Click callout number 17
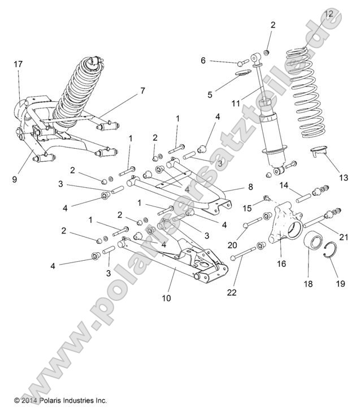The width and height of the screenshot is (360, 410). (x=18, y=64)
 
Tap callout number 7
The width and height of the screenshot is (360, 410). (x=142, y=90)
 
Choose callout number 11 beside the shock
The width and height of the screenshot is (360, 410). (x=236, y=103)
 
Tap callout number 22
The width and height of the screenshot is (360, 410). (x=232, y=292)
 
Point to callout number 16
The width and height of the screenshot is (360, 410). (x=281, y=264)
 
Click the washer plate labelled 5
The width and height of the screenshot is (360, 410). (x=242, y=72)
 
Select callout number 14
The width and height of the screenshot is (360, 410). (x=284, y=185)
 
